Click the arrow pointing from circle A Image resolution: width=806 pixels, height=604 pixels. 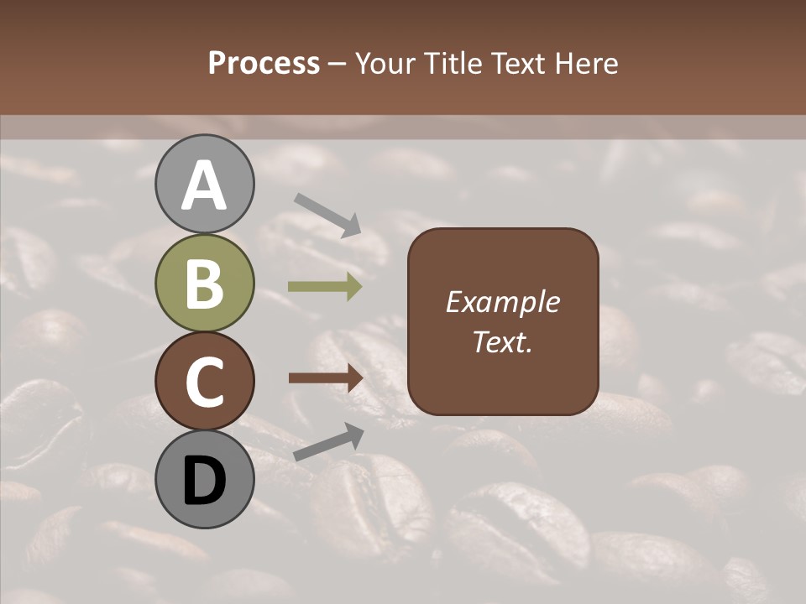click(x=327, y=215)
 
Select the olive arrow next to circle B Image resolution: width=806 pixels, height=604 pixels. click(x=325, y=287)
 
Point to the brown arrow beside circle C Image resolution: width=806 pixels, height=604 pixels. click(x=325, y=378)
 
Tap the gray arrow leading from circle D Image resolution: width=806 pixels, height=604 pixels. click(x=328, y=442)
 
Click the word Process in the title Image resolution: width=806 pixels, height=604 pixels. click(x=264, y=64)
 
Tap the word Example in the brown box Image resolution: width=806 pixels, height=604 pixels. click(x=502, y=302)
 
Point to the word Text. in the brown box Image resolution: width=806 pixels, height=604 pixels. click(x=502, y=342)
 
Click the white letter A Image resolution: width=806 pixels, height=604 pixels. click(x=204, y=186)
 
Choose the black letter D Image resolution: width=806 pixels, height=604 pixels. click(x=204, y=482)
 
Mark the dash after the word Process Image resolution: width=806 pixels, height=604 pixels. click(x=338, y=65)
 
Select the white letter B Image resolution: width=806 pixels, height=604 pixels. click(x=204, y=284)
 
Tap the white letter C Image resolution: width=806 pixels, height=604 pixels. click(x=204, y=383)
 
